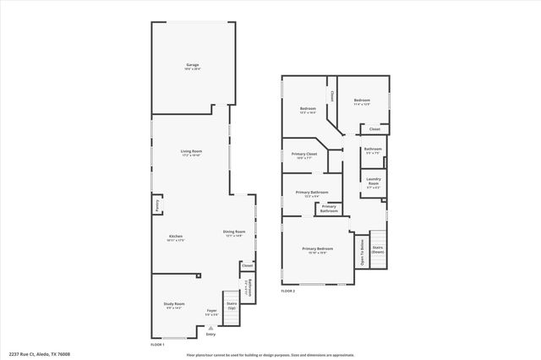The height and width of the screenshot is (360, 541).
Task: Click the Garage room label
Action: (x=192, y=65)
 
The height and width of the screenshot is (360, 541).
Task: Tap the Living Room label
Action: (x=192, y=151)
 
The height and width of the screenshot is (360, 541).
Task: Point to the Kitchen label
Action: (x=176, y=236)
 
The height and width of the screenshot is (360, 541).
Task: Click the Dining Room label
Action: (x=234, y=232)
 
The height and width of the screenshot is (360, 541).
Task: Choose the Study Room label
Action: (x=174, y=303)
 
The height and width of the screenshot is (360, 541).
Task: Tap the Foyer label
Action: (x=212, y=310)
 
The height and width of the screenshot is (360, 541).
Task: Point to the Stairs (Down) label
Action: (x=377, y=250)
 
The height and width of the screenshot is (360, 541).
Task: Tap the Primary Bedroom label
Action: (x=319, y=248)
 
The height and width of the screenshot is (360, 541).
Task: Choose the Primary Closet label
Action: (x=304, y=154)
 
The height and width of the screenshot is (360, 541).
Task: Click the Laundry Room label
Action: (x=374, y=182)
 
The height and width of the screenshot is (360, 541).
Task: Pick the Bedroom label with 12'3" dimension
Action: (x=308, y=108)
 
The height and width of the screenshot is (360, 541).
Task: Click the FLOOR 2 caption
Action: (x=288, y=291)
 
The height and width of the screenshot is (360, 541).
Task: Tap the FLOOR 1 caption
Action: (x=156, y=345)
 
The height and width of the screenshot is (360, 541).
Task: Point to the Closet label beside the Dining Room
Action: (x=247, y=266)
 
